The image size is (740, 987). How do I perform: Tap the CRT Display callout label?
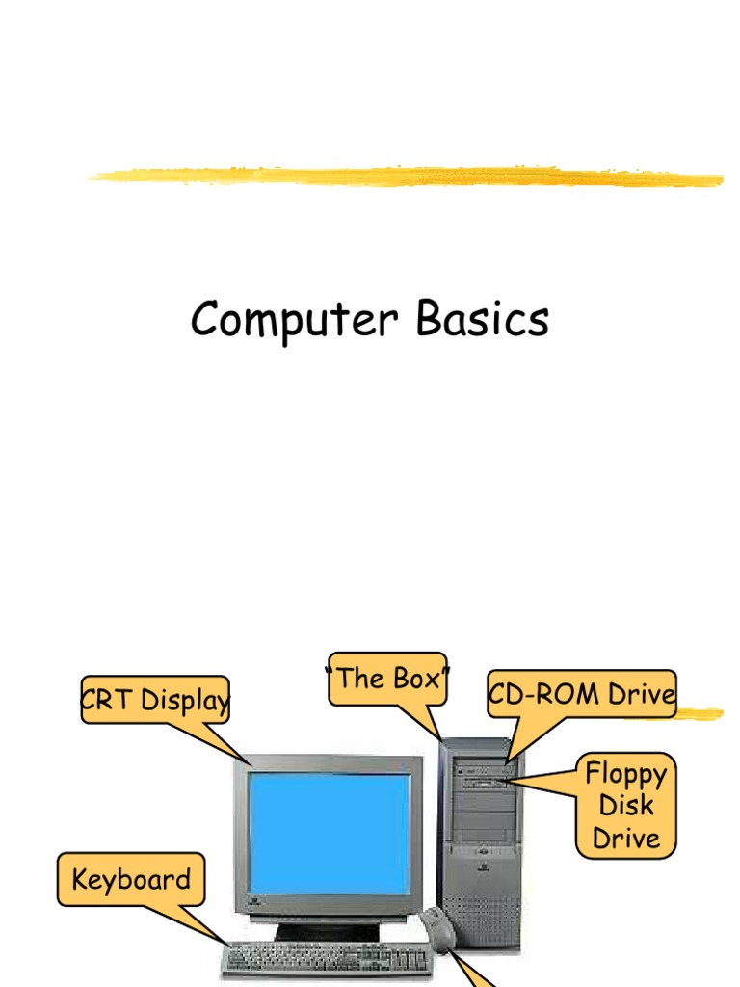tap(155, 700)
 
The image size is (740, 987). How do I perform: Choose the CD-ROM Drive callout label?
tap(582, 694)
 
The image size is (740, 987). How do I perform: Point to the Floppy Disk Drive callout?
tap(626, 806)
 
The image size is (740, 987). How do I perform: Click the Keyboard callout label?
tap(131, 879)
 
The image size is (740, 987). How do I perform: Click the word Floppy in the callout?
tap(626, 775)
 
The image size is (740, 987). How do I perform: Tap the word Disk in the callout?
tap(626, 806)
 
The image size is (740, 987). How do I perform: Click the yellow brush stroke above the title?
tap(405, 176)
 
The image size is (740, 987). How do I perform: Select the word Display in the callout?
tap(185, 701)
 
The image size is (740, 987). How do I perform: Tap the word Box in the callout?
tap(415, 679)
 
